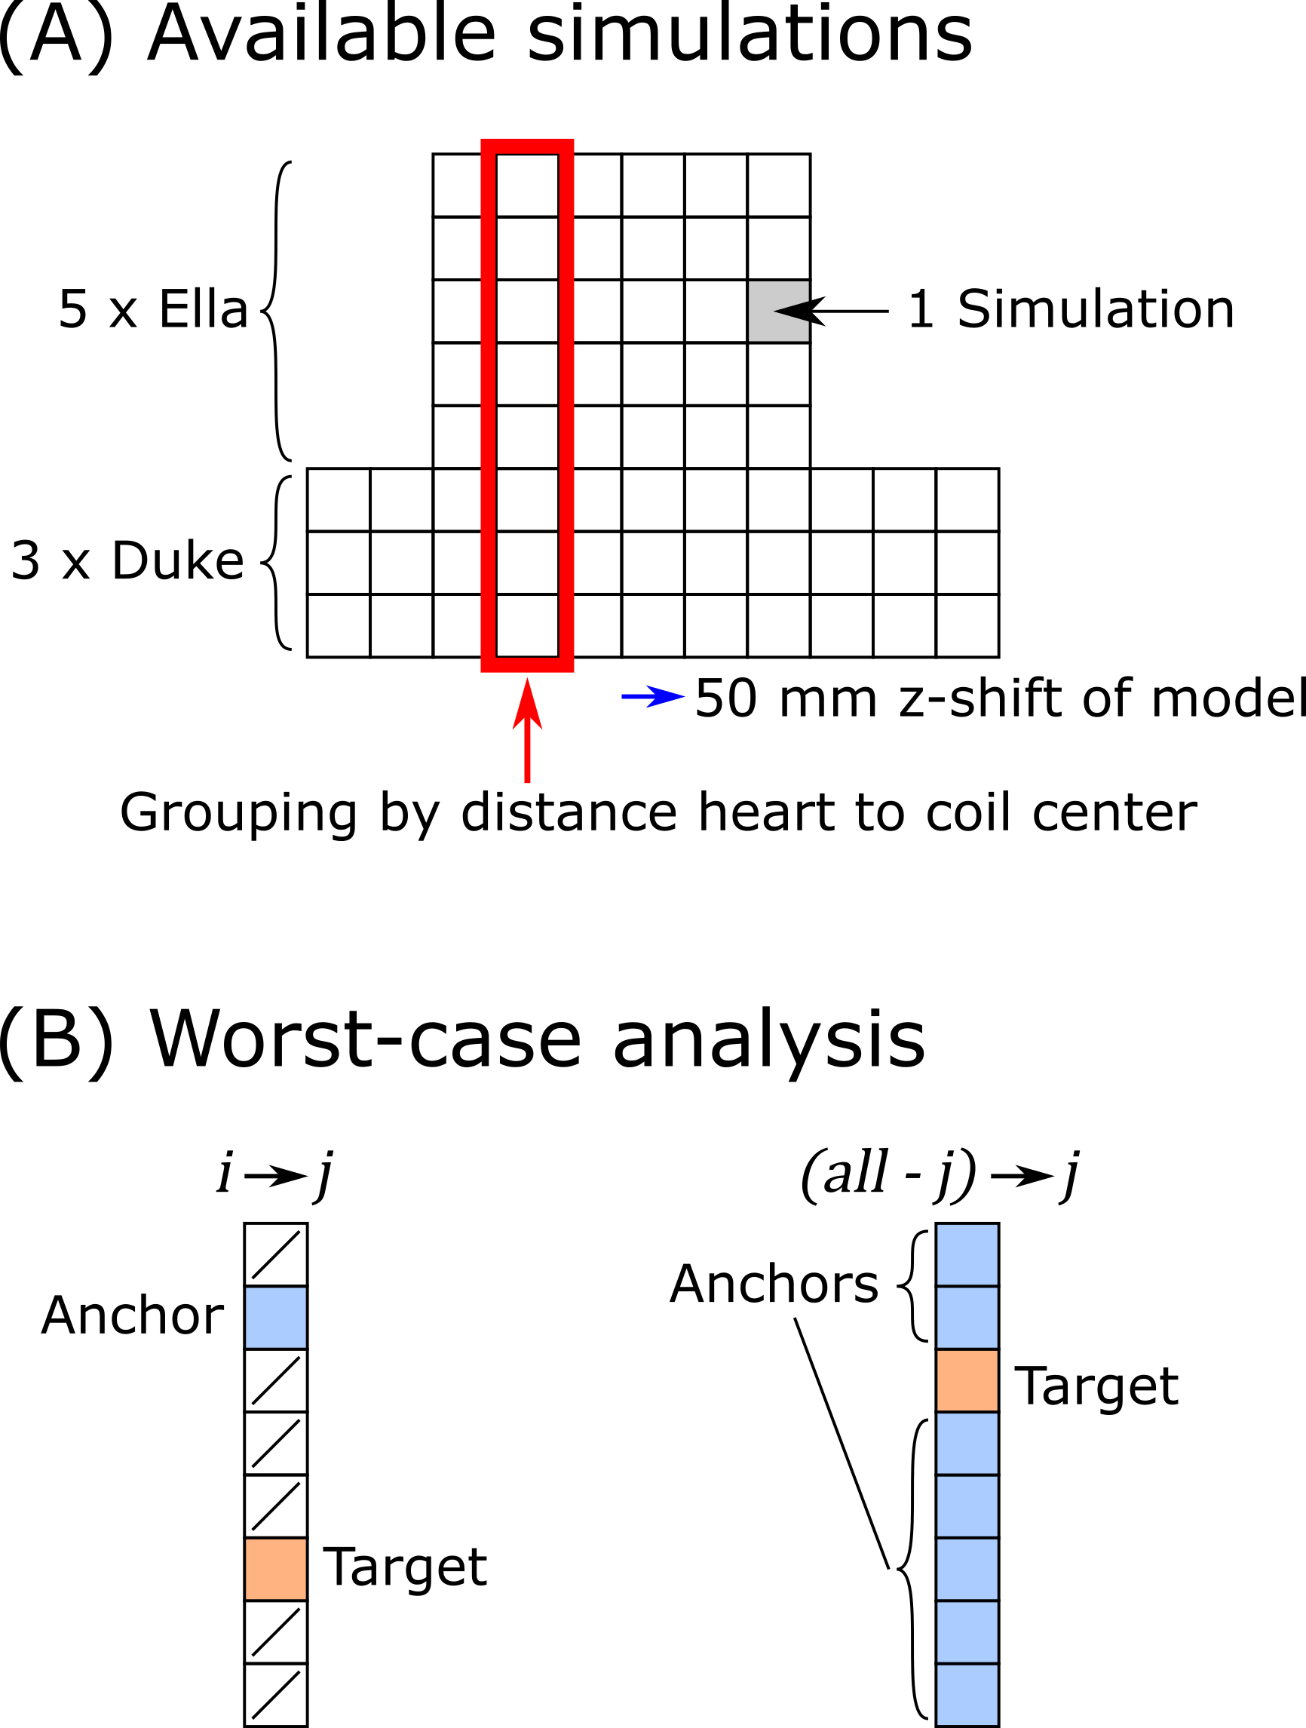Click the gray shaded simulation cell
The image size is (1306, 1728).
coord(779,311)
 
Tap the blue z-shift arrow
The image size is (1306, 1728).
coord(652,696)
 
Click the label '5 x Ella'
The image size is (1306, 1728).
coord(153,309)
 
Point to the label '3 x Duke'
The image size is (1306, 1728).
coord(127,561)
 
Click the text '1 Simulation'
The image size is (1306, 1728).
coord(1071,310)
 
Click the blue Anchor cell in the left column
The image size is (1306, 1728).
coord(276,1317)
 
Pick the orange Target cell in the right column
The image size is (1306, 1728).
coord(967,1380)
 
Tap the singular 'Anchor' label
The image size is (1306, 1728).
coord(132,1316)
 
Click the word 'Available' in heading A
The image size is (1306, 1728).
coord(321,35)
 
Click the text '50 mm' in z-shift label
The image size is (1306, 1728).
coord(786,698)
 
